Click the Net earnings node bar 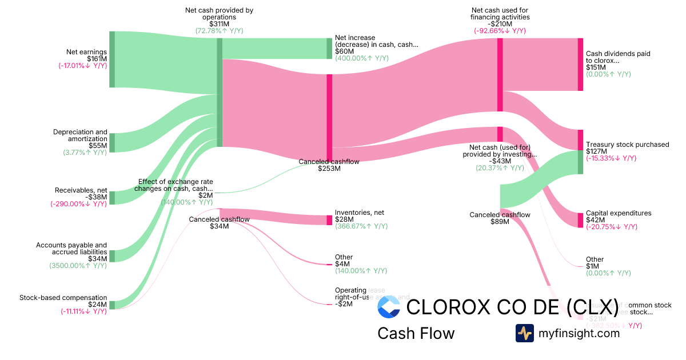coord(112,59)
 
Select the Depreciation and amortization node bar coord(112,143)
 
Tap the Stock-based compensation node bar coord(112,305)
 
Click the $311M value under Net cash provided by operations coord(219,24)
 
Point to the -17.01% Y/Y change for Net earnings coord(82,66)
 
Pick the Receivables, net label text coord(81,190)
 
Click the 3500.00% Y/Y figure coord(78,266)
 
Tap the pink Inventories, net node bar coord(329,220)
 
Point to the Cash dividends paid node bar coord(580,64)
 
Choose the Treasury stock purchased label coord(627,145)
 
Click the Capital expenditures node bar coord(580,220)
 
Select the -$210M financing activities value coord(500,24)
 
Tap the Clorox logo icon coord(389,307)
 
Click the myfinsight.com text coord(579,333)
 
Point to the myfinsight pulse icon coord(524,333)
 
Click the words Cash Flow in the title coord(416,333)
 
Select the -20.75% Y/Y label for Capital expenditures coord(611,227)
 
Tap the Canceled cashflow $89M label coord(500,218)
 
